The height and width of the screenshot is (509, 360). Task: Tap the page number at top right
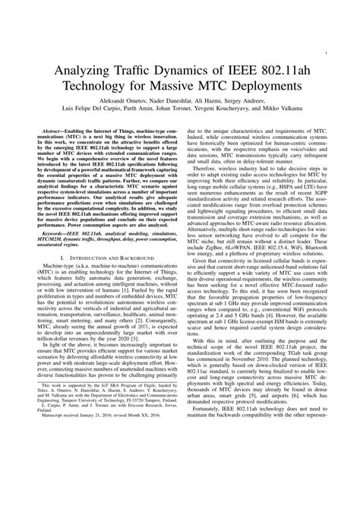click(x=325, y=55)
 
